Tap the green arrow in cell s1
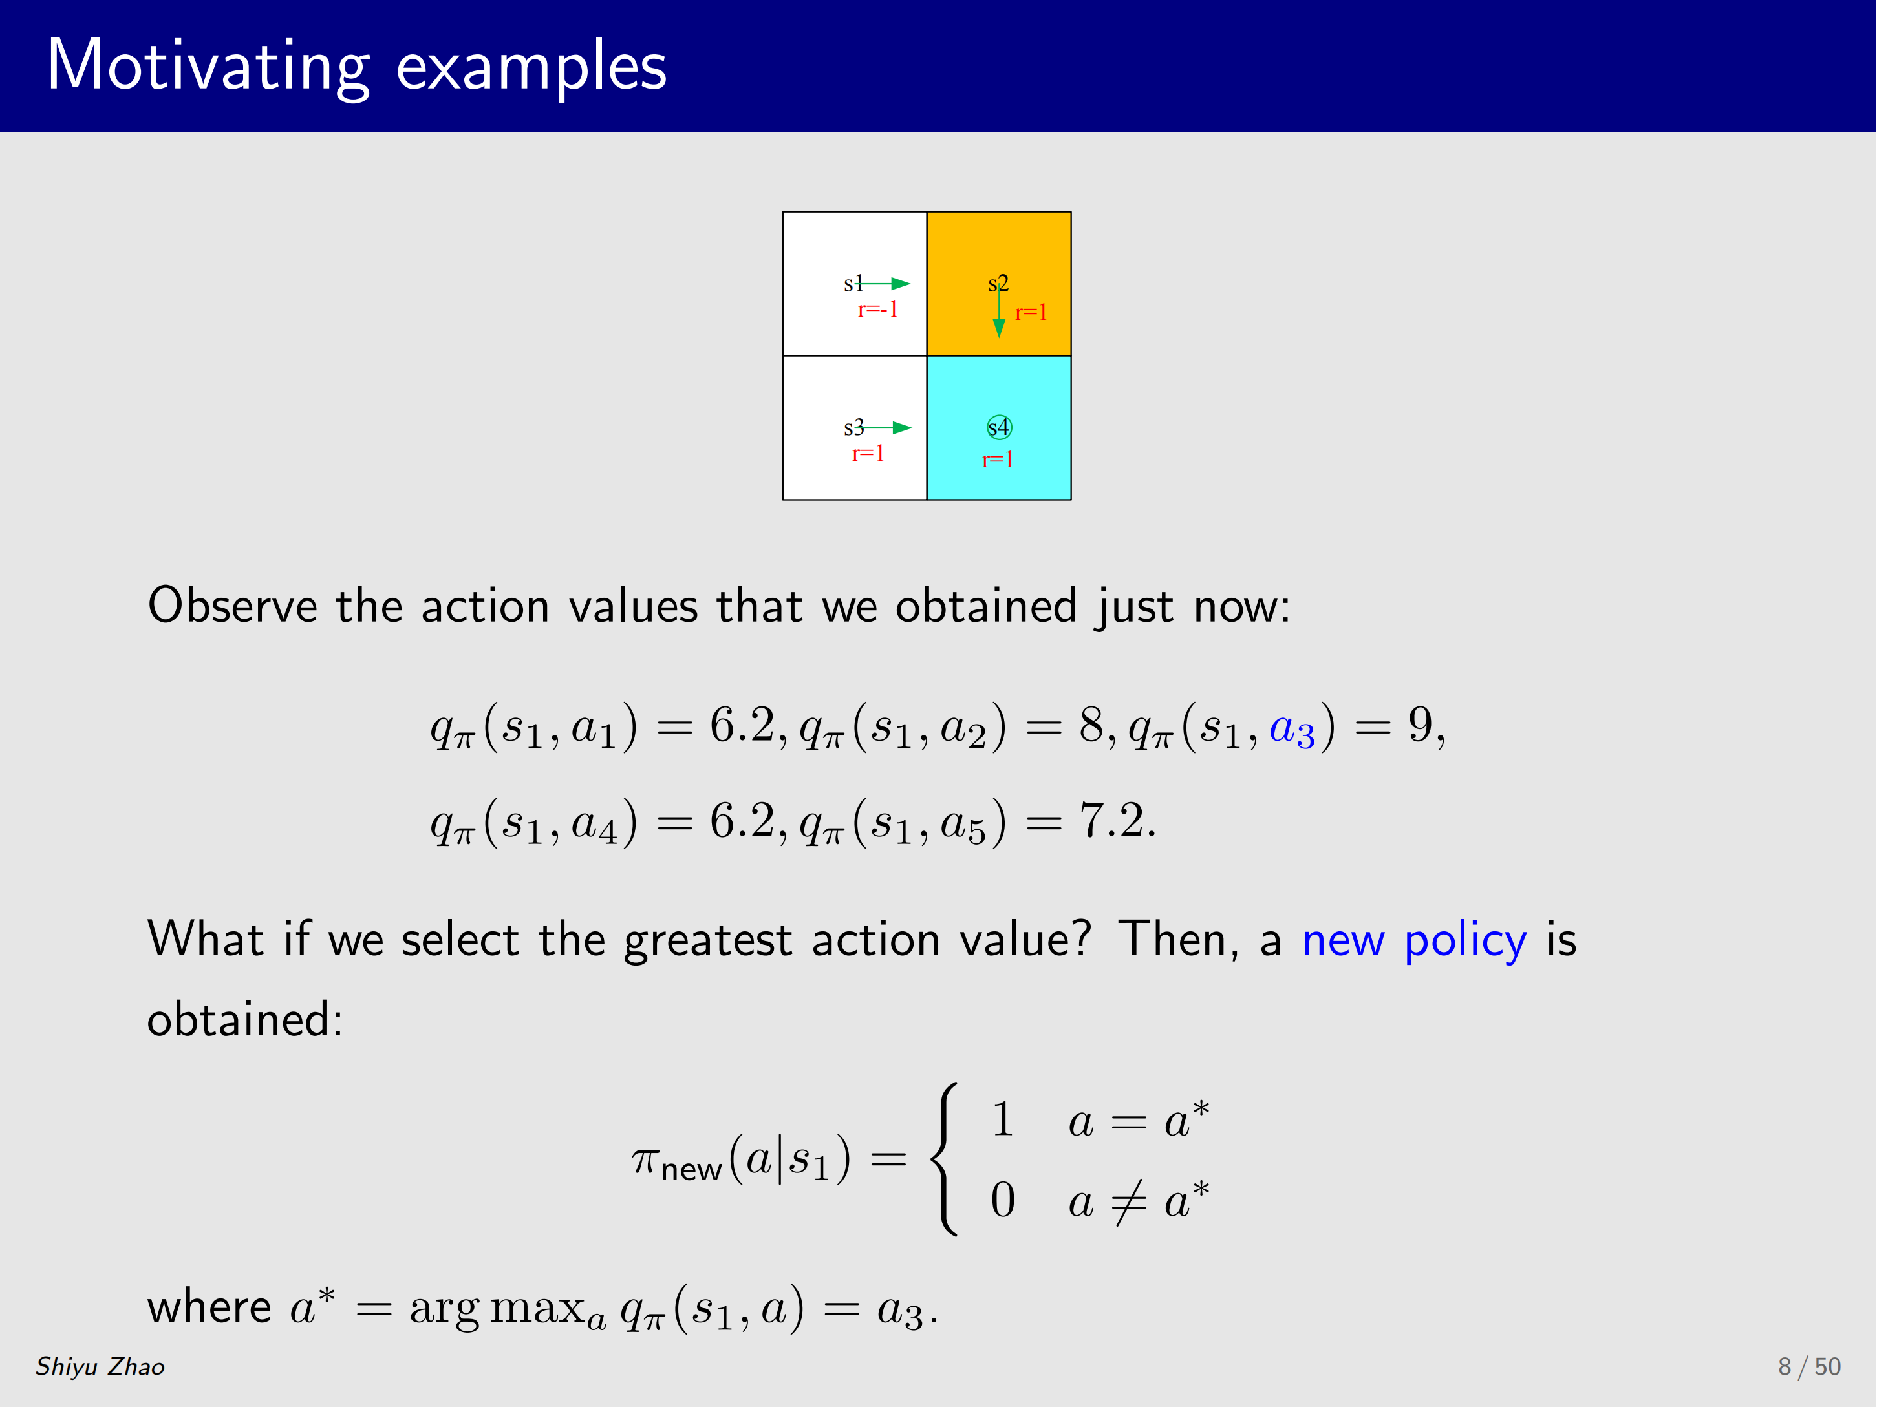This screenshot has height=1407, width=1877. [x=883, y=283]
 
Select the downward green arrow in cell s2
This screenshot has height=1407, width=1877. [x=999, y=310]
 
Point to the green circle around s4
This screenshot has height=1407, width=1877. [x=1000, y=416]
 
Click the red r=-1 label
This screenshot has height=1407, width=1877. [x=877, y=310]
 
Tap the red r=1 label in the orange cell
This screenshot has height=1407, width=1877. [x=1031, y=313]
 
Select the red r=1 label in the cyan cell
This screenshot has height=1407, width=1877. [x=998, y=461]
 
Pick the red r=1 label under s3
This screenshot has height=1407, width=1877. [x=868, y=454]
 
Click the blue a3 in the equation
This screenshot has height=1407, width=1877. [x=1291, y=730]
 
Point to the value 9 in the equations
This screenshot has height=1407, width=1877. [x=1421, y=725]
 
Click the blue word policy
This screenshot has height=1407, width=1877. [x=1465, y=942]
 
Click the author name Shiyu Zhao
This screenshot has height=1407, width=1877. [x=100, y=1366]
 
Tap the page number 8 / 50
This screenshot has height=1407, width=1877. [x=1809, y=1366]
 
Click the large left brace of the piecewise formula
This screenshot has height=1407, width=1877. [x=943, y=1159]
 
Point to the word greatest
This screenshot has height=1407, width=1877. [x=708, y=942]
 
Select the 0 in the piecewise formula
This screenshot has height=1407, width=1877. [x=1003, y=1200]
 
